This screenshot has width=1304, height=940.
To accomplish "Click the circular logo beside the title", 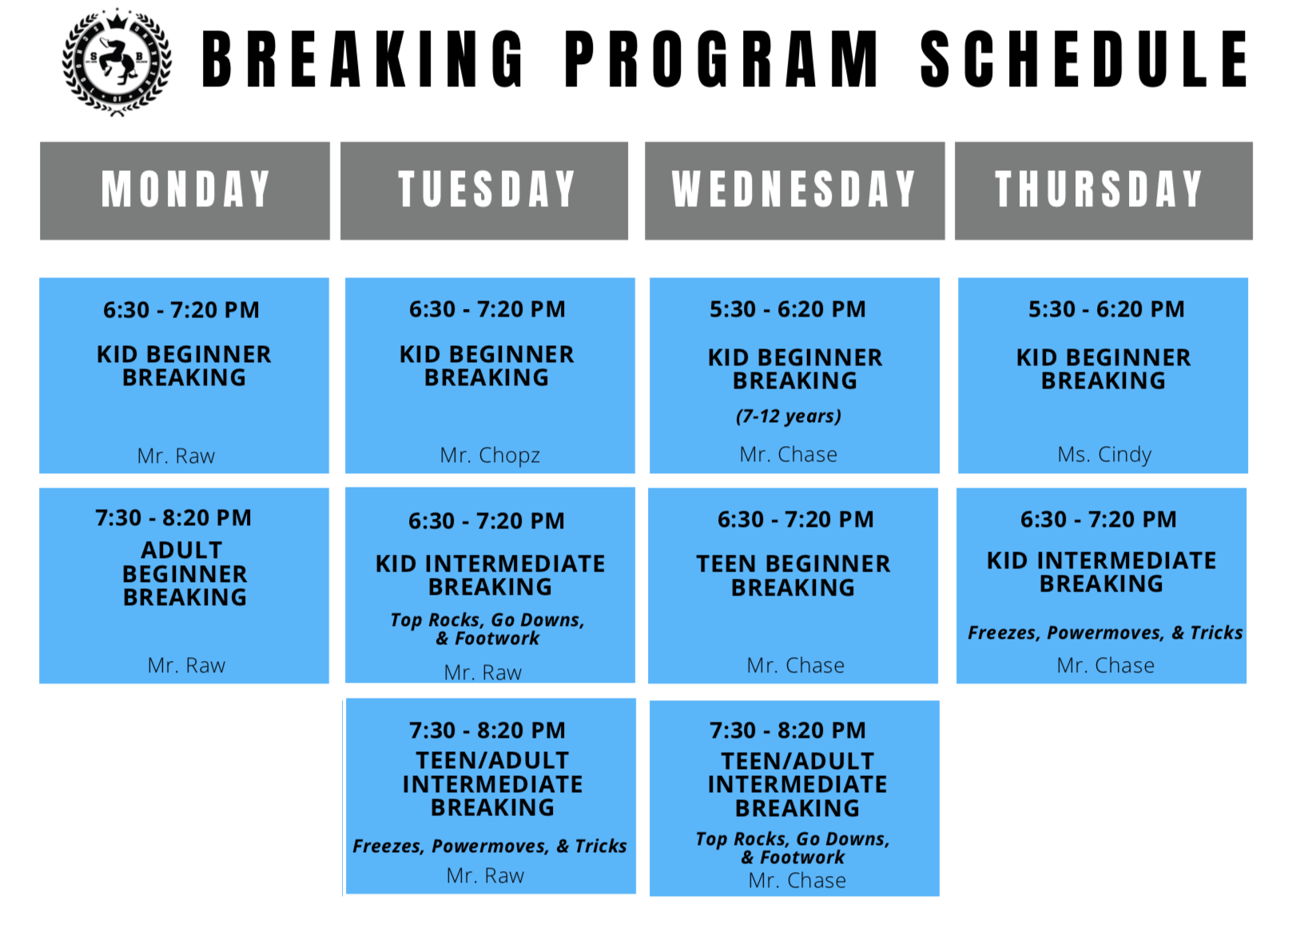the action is click(117, 62).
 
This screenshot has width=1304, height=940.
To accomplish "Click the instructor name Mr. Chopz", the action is click(490, 456).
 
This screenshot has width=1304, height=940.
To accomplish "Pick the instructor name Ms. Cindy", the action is click(1104, 454).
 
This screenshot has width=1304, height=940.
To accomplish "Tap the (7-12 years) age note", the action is click(789, 416).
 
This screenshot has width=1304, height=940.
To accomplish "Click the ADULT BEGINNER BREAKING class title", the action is click(185, 574).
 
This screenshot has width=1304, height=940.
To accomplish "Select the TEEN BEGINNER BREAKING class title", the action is click(793, 576).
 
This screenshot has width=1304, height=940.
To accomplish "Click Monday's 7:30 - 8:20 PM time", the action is click(173, 518).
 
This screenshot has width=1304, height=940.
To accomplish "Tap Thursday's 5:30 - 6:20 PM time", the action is click(1106, 309).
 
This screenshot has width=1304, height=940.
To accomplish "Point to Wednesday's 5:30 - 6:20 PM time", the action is click(788, 309).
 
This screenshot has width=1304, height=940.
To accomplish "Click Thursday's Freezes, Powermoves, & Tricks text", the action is click(1105, 632).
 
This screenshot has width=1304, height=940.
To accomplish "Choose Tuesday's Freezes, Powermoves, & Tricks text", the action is click(490, 846).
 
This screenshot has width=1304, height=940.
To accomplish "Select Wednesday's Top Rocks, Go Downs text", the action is click(793, 838).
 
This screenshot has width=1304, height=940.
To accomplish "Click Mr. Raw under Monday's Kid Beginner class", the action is click(176, 456).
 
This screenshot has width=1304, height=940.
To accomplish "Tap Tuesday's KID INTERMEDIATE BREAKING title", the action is click(490, 575).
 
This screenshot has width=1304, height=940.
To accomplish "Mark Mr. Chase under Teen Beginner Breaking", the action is click(795, 665).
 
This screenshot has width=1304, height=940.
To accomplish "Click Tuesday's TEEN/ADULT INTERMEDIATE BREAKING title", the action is click(492, 784).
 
